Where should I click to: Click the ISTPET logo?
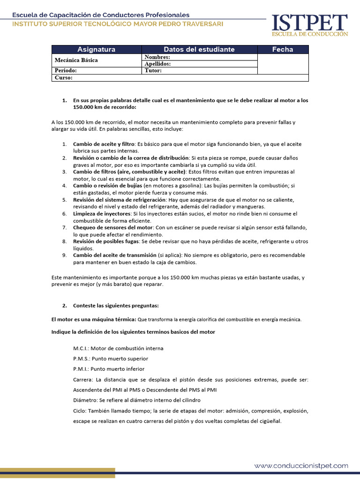310,25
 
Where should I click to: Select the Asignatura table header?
96,49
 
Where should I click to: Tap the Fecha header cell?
283,49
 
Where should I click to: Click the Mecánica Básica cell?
76,60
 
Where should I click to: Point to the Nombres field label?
157,57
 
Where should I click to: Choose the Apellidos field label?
157,64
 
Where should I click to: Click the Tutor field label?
153,71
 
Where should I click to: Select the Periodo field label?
66,71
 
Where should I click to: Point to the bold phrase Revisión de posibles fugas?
106,241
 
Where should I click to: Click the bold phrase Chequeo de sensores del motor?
112,227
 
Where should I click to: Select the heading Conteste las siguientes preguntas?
116,306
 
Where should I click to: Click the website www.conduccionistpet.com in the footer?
301,465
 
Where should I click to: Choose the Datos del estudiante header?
199,49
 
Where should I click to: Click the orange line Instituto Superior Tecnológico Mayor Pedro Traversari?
118,24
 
